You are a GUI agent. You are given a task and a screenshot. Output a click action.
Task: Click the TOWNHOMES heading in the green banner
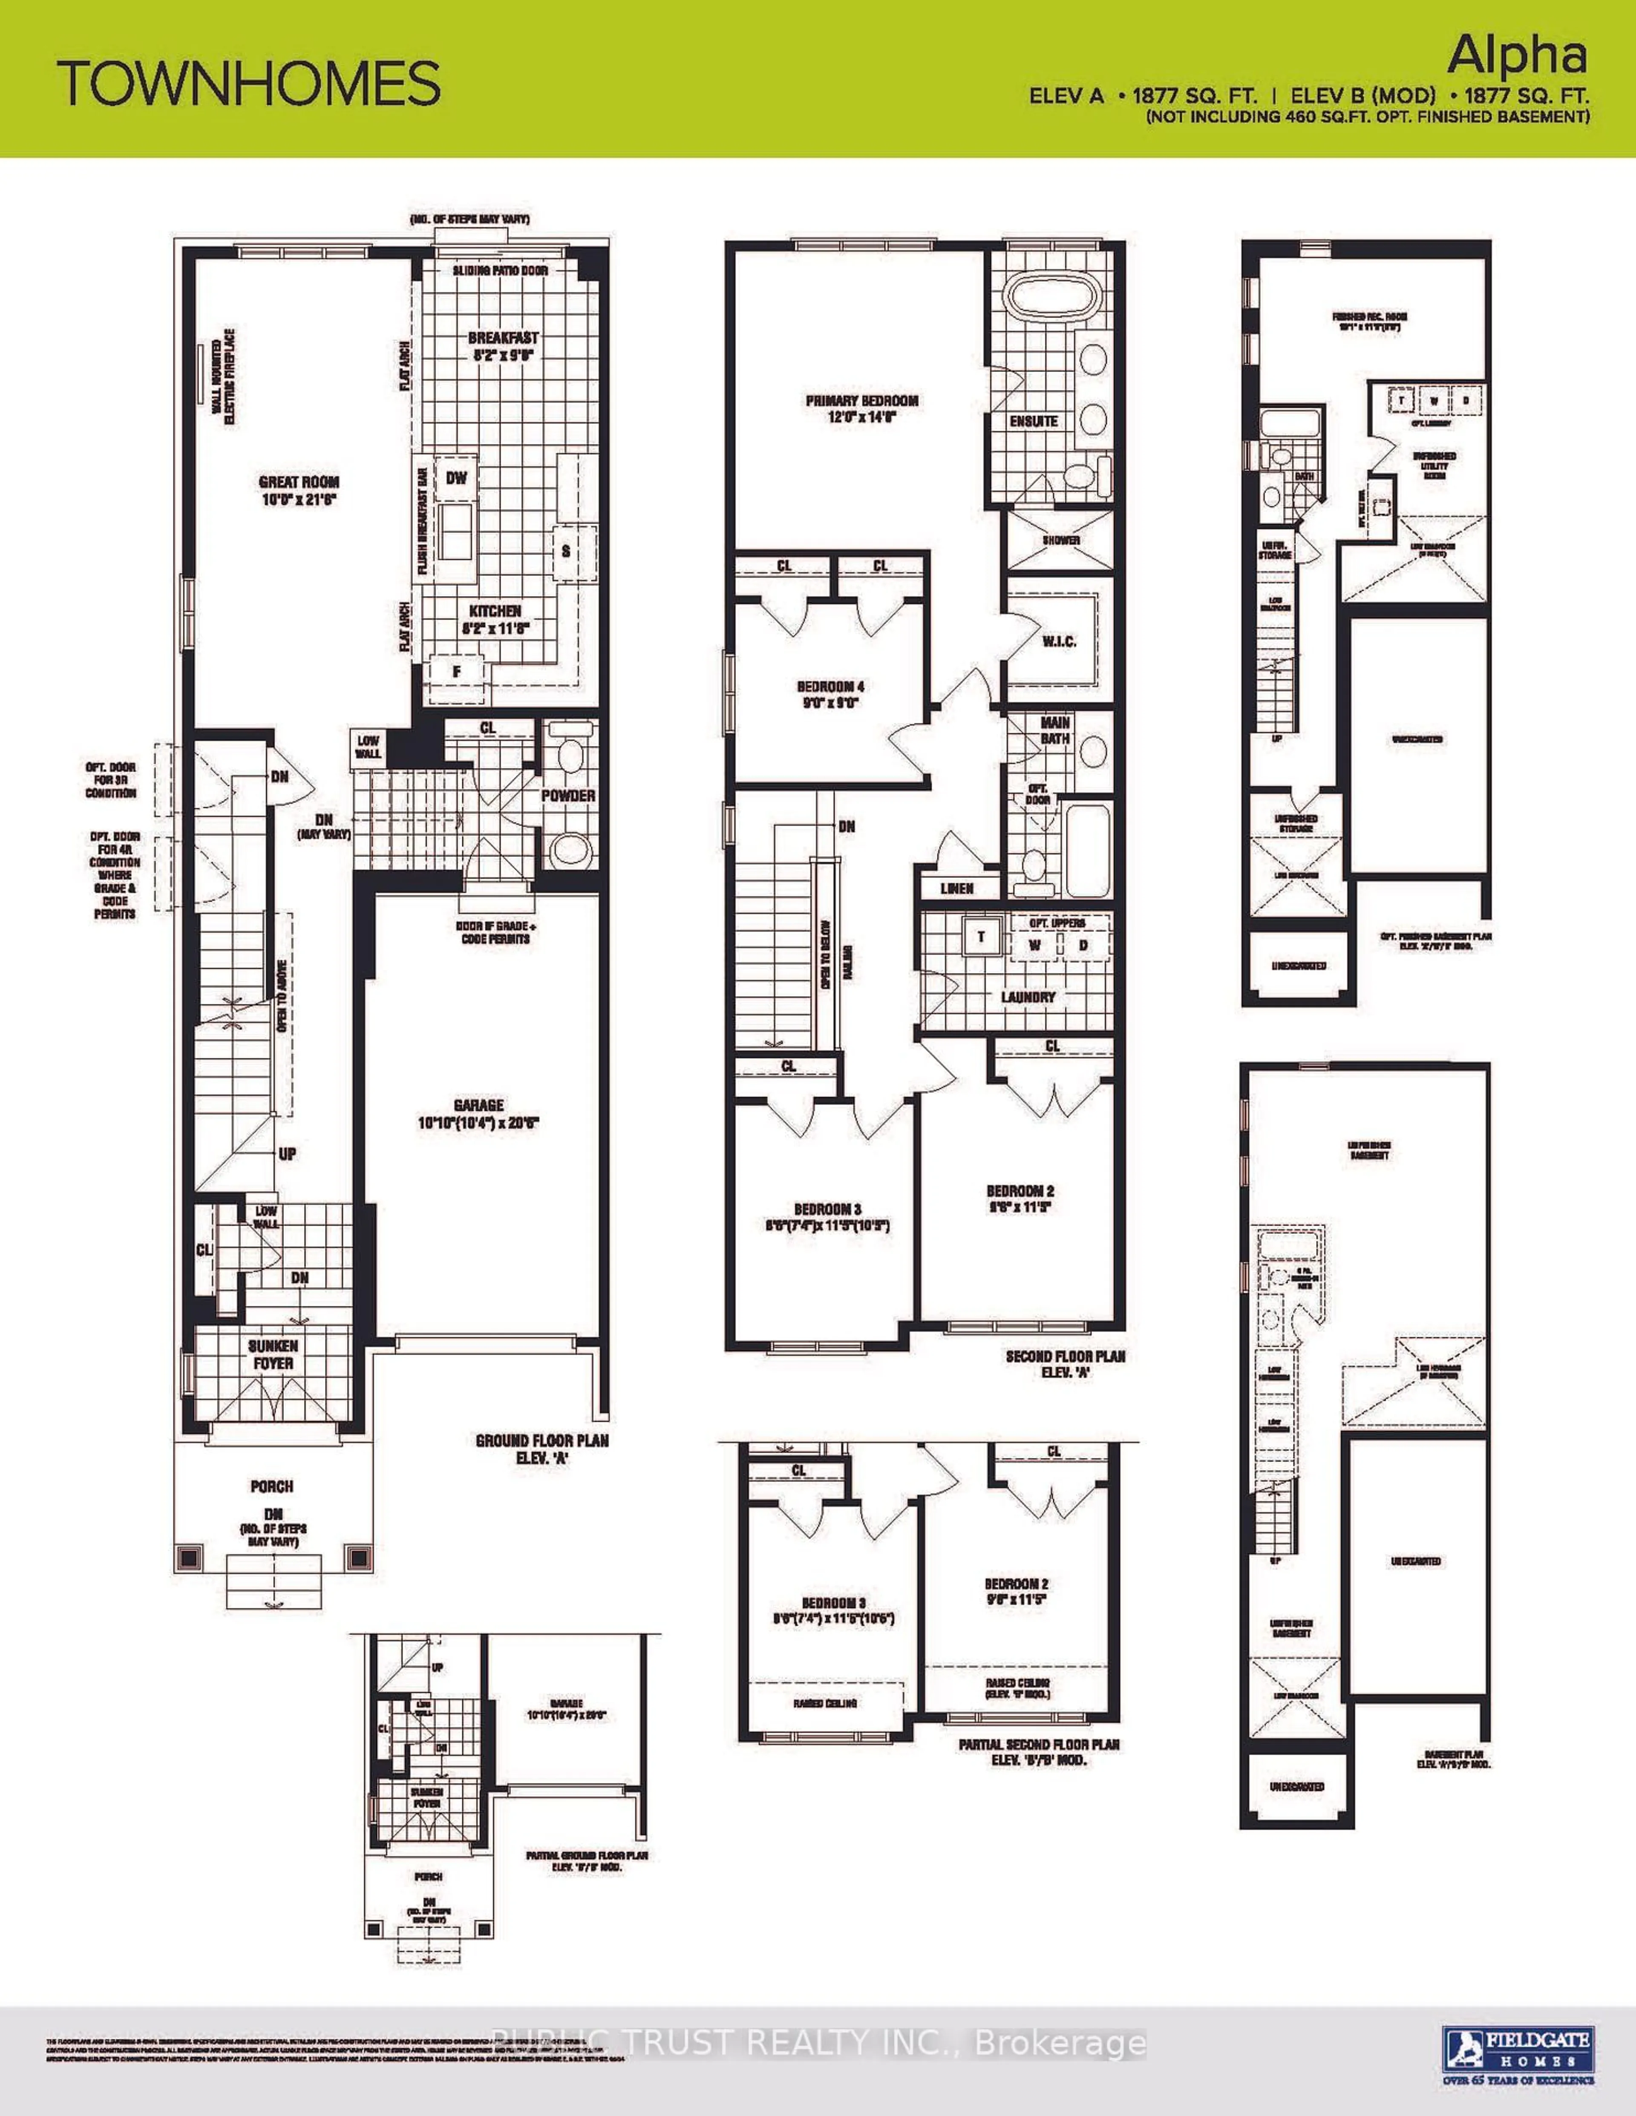point(249,83)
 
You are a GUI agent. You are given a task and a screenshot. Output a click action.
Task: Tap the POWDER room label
point(568,796)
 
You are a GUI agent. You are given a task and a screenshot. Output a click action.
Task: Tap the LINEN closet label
point(956,888)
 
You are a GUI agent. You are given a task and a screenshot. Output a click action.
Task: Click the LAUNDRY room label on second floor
point(1027,996)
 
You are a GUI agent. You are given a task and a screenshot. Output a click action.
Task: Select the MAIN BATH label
point(1054,730)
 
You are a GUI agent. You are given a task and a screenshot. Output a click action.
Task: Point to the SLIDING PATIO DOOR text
point(500,270)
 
